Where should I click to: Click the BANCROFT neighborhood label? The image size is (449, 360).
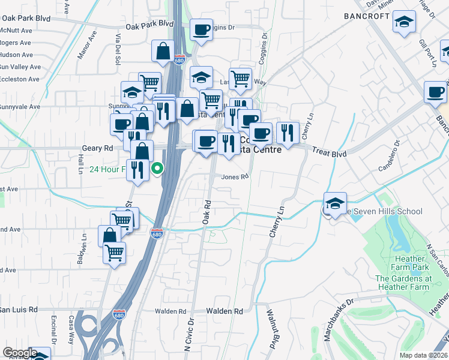367,16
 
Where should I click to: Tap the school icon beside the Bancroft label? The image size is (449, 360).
405,23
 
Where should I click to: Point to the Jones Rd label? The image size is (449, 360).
235,177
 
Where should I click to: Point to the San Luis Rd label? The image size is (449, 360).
19,310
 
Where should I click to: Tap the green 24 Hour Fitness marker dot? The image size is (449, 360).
157,169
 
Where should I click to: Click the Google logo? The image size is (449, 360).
19,353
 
